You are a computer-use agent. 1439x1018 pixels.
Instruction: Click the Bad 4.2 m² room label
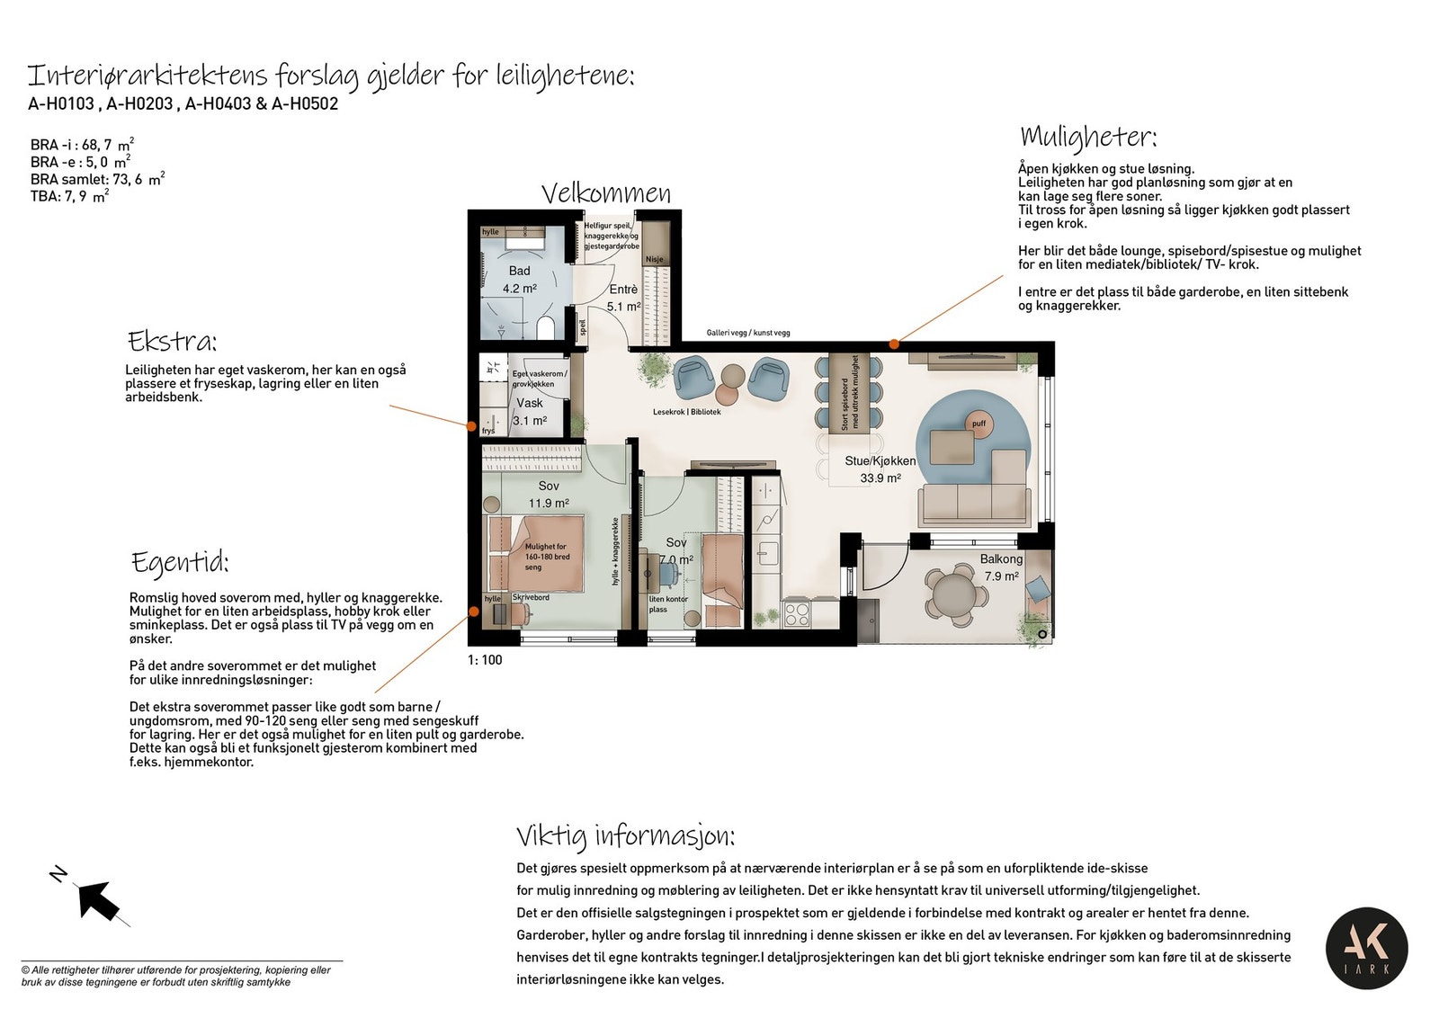(520, 280)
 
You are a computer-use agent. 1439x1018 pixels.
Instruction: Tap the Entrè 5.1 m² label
(623, 298)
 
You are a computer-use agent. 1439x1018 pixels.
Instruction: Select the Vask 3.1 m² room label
(530, 412)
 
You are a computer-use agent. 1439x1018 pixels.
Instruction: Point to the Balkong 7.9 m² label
(1001, 567)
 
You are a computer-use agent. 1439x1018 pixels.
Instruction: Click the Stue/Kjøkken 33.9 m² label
(880, 469)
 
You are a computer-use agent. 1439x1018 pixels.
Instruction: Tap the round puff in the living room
(979, 424)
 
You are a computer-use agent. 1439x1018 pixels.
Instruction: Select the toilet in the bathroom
(545, 327)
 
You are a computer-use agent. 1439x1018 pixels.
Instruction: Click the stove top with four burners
(797, 614)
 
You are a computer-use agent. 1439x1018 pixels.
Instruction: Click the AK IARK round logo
(1366, 949)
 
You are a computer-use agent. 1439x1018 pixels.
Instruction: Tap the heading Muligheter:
(1087, 138)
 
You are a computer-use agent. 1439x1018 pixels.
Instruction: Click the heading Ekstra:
(172, 342)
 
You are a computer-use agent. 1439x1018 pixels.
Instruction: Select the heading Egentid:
(180, 562)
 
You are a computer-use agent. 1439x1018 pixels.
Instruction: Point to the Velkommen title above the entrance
(605, 193)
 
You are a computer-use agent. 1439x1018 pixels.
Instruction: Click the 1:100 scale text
(485, 660)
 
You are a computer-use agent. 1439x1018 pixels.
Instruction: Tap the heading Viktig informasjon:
(625, 836)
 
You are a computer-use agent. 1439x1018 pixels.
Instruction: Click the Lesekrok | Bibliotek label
(686, 412)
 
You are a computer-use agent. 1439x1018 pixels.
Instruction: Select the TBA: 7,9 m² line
(69, 196)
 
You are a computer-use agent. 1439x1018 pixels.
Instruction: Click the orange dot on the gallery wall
(894, 344)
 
